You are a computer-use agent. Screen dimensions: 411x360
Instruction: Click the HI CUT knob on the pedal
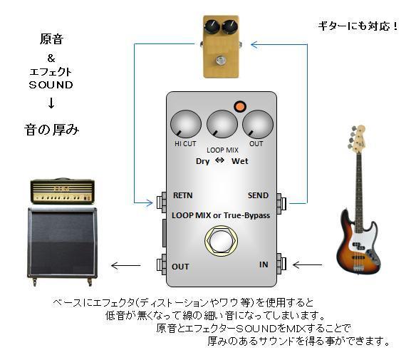point(186,124)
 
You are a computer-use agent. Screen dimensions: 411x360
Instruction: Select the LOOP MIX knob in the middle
point(222,124)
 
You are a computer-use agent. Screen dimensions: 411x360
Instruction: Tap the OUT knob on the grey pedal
point(258,124)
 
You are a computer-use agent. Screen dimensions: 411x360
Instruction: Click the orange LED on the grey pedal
point(240,106)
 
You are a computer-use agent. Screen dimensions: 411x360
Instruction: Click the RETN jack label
point(182,195)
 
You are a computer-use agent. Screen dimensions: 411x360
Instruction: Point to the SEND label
point(258,195)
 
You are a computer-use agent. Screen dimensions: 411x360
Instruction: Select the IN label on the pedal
point(264,264)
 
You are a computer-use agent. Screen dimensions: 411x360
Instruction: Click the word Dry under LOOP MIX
point(202,161)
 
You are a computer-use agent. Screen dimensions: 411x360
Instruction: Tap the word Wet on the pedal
point(239,161)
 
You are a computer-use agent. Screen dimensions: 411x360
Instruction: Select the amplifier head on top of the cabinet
point(63,191)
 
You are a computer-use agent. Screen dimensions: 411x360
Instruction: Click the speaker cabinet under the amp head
point(63,246)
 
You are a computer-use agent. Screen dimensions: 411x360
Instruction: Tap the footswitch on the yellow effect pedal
point(220,60)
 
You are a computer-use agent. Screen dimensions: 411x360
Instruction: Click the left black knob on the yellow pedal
point(212,26)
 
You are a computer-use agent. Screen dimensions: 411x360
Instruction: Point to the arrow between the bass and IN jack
point(307,265)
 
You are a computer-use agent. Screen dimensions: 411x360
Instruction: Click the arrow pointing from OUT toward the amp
point(126,265)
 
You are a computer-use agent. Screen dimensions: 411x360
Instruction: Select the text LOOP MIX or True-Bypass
point(221,216)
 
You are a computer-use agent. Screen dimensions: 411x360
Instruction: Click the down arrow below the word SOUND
point(51,103)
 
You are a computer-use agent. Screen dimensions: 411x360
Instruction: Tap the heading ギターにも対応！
point(358,26)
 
